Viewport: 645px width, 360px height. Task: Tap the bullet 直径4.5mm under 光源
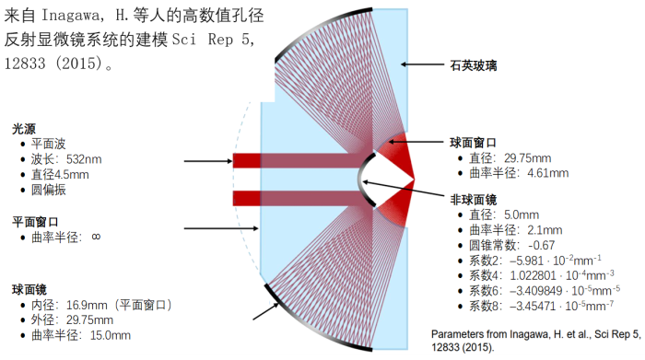pyautogui.click(x=60, y=174)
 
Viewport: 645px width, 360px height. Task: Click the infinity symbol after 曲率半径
pyautogui.click(x=95, y=238)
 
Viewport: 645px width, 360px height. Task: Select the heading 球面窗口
pyautogui.click(x=471, y=143)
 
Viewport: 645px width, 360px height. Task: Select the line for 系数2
pyautogui.click(x=537, y=261)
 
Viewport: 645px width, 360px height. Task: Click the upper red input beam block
pyautogui.click(x=247, y=161)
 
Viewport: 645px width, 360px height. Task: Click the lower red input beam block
pyautogui.click(x=247, y=198)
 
